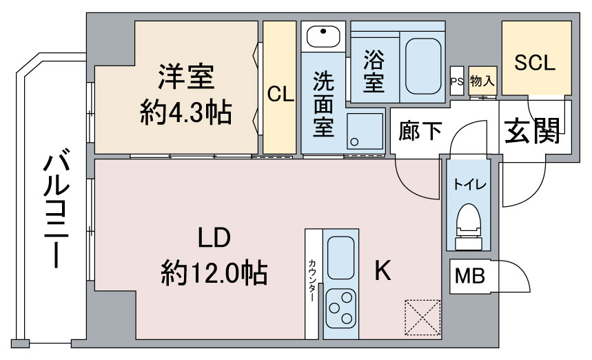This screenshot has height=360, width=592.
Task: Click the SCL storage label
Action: tap(535, 63)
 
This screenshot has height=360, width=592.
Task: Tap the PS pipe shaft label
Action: tap(457, 81)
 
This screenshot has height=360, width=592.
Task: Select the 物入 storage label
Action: tap(482, 81)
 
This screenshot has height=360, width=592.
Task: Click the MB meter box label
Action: tap(470, 276)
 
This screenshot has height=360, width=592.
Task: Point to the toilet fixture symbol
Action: tap(469, 227)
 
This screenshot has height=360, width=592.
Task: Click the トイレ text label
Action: tap(470, 184)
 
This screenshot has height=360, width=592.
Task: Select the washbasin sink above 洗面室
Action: tap(323, 37)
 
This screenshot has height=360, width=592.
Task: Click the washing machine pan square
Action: tap(365, 131)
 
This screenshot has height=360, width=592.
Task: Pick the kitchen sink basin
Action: tap(340, 258)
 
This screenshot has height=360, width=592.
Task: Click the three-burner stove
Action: tap(341, 308)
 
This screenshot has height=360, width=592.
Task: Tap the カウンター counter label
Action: tap(312, 280)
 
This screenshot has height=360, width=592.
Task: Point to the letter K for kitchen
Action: tap(382, 270)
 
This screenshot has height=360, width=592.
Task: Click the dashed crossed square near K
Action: tap(422, 318)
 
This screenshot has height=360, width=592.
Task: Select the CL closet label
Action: tap(280, 94)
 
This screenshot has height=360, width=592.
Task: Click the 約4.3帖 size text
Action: tap(186, 112)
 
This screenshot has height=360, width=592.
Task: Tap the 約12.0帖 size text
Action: tap(214, 272)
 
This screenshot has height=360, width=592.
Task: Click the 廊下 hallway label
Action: tap(420, 131)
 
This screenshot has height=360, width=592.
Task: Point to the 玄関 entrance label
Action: tap(532, 131)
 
